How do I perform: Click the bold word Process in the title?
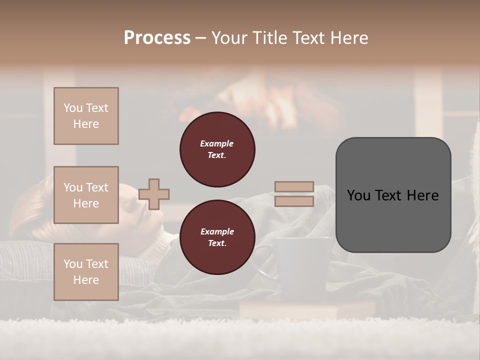(157, 37)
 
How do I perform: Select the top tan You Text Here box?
(86, 116)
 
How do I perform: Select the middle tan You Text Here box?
(86, 195)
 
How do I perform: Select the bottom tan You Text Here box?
(86, 271)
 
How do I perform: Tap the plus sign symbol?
(154, 194)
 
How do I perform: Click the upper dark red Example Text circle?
(217, 149)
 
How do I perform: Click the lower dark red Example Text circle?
(217, 237)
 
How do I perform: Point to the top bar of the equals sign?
(294, 187)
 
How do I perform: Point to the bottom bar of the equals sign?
(294, 201)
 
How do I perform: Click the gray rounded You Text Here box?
(393, 195)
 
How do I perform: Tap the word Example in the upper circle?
(216, 143)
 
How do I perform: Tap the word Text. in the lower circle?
(216, 243)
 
